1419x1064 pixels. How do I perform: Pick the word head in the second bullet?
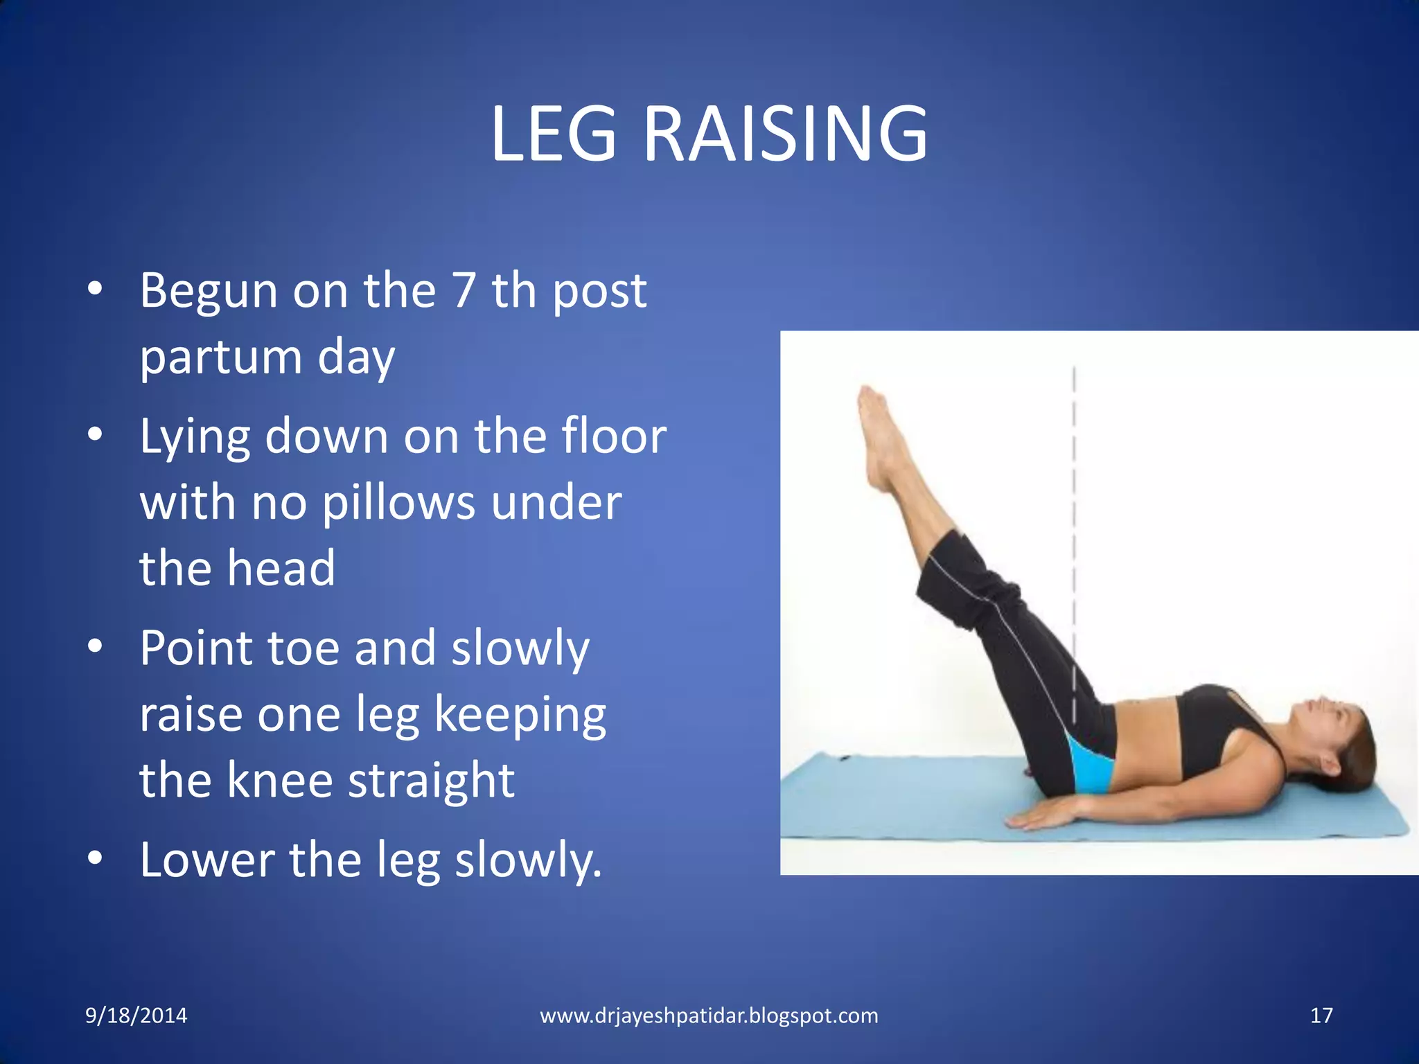[x=281, y=568]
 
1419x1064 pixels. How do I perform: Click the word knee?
[x=280, y=780]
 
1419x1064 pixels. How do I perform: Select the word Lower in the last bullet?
[x=206, y=859]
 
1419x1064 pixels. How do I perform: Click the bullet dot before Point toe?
[x=96, y=646]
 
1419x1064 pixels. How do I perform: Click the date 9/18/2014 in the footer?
[x=136, y=1016]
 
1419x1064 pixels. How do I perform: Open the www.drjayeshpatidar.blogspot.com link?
[x=709, y=1016]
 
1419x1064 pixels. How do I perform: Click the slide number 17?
[x=1321, y=1016]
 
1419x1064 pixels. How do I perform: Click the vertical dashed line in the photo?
[x=1074, y=485]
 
